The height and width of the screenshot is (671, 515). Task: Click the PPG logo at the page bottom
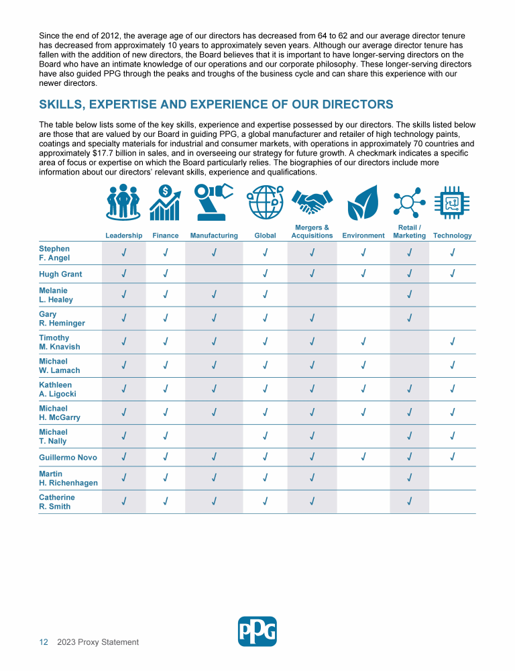[257, 631]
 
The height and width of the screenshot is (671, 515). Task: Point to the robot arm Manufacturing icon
[214, 201]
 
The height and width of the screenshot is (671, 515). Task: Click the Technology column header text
[453, 236]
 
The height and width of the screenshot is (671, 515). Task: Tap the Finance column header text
[166, 236]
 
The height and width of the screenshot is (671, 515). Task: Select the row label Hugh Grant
[60, 274]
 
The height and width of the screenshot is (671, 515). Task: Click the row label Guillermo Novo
[68, 458]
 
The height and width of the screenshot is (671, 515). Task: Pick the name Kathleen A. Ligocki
[57, 390]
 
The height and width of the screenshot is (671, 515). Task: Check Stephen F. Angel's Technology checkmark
[453, 253]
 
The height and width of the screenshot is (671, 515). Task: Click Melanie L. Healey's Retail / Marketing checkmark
[409, 295]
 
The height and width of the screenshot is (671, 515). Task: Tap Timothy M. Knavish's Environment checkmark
[363, 342]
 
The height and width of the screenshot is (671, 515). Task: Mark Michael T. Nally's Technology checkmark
[453, 436]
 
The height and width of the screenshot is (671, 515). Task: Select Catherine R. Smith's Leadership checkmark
[123, 502]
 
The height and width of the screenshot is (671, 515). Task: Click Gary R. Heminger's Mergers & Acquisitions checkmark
[312, 319]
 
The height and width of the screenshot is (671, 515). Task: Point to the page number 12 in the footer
[44, 642]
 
